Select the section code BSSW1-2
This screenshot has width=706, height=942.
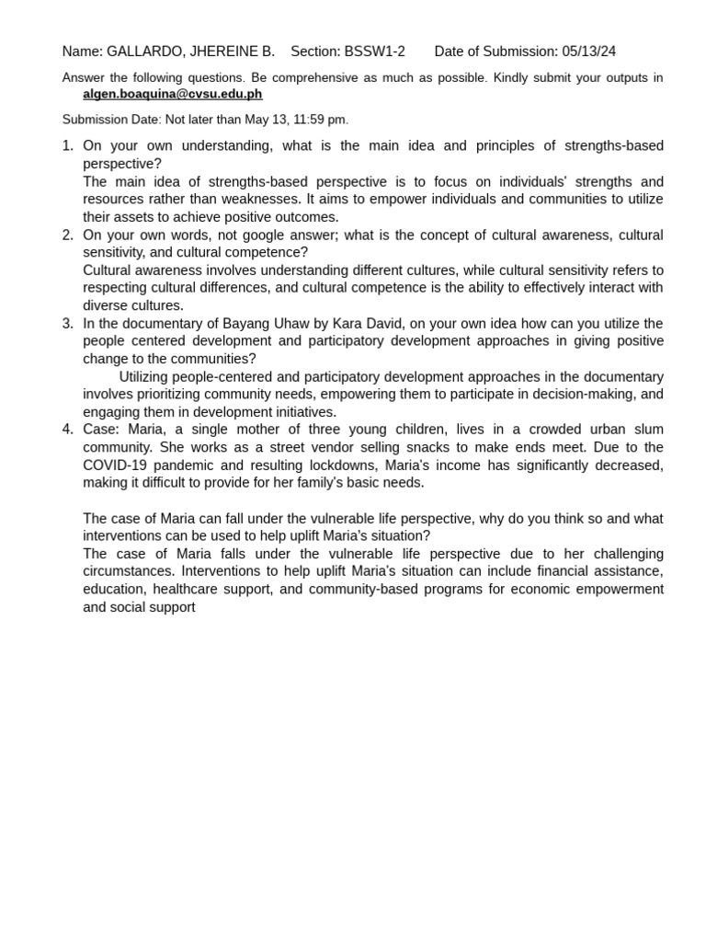click(x=374, y=52)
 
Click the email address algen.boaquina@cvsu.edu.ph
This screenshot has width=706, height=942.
click(x=172, y=94)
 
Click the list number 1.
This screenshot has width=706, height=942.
click(x=66, y=146)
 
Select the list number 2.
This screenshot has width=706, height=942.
click(x=67, y=235)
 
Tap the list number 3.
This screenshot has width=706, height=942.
click(x=67, y=324)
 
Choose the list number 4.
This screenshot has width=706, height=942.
click(x=67, y=430)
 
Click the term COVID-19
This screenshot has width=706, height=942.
click(x=115, y=465)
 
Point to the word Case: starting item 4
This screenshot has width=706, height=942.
click(x=101, y=430)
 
